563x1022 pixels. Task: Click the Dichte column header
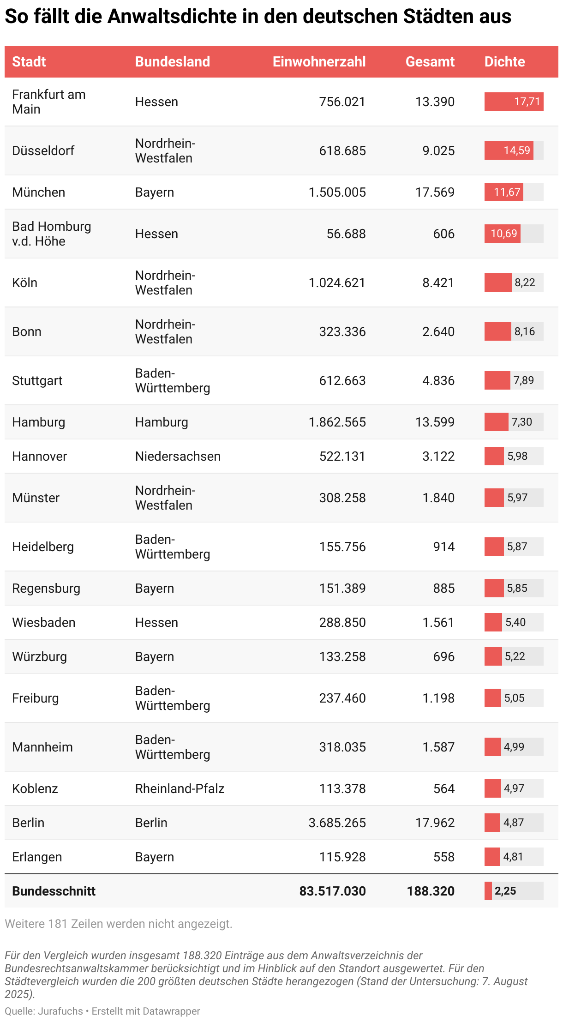click(x=504, y=62)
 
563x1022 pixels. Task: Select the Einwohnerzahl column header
click(x=319, y=62)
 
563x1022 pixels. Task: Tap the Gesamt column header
click(x=430, y=62)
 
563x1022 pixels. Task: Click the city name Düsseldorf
click(x=43, y=151)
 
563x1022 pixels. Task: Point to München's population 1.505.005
click(x=337, y=192)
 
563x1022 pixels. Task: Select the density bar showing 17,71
click(x=514, y=102)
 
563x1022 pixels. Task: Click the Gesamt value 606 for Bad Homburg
click(x=443, y=234)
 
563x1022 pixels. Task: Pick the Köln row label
click(x=24, y=283)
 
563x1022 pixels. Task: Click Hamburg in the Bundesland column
click(x=162, y=422)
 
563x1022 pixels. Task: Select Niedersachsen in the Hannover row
click(x=178, y=457)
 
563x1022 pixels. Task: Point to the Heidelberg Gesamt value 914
click(x=443, y=547)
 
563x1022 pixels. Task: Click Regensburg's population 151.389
click(x=342, y=589)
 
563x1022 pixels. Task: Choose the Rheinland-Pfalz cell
click(x=180, y=789)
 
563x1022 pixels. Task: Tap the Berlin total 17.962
click(x=435, y=823)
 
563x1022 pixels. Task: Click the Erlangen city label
click(x=37, y=857)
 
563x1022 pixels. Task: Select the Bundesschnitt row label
click(x=54, y=891)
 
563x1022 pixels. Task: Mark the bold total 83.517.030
click(x=332, y=891)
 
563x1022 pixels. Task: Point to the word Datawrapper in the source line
click(x=171, y=1011)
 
